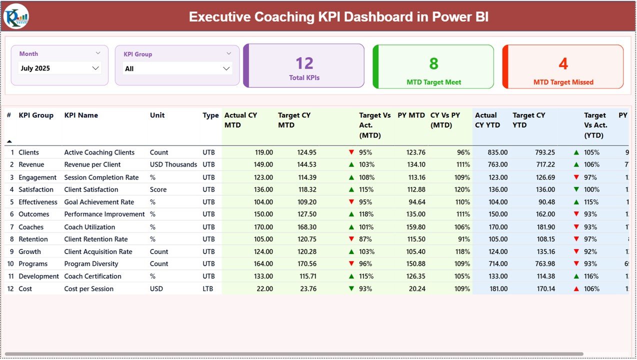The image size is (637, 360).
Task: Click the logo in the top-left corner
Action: [x=16, y=16]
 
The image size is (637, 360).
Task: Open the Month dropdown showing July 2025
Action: [x=59, y=68]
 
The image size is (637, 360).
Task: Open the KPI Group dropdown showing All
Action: [x=177, y=68]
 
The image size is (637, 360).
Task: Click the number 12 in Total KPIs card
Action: [x=304, y=63]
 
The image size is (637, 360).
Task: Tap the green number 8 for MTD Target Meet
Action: [x=433, y=63]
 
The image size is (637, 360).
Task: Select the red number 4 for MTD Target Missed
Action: [x=563, y=63]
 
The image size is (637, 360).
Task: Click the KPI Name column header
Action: [x=81, y=115]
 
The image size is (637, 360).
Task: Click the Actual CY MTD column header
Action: [x=240, y=120]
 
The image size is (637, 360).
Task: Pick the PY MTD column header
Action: [x=411, y=115]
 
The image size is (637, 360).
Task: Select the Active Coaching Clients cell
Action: [x=99, y=152]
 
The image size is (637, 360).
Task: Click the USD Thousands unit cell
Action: [x=173, y=164]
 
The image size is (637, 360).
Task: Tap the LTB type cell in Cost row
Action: [x=208, y=288]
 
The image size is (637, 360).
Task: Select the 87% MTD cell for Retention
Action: [x=366, y=239]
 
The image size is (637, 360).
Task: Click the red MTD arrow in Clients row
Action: [x=351, y=152]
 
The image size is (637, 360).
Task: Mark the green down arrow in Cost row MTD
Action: [x=351, y=288]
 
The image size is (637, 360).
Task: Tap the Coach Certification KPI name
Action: [x=92, y=276]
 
